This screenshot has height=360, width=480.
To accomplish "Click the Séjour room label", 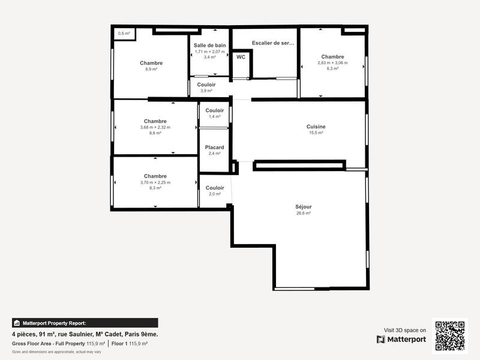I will coord(304,207).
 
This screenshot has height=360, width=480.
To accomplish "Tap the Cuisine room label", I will coord(316,127).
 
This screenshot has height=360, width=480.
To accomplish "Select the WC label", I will coord(241,57).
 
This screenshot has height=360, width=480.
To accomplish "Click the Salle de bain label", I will coord(209,45).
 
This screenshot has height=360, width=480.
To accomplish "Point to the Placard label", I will coord(214,148).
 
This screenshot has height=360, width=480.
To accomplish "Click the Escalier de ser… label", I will coord(273,43).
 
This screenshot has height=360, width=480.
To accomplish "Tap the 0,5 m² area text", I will coord(124,34).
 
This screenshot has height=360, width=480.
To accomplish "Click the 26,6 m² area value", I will coord(304,214).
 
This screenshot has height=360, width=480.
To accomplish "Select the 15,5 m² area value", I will coord(316,133).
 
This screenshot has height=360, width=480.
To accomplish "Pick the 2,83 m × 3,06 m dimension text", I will coord(332,63).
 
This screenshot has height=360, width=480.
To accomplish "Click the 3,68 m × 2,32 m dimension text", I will coord(155,127).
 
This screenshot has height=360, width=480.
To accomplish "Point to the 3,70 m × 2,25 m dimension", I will coord(155,182).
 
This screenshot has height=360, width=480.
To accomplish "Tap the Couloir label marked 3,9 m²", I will coord(206,85).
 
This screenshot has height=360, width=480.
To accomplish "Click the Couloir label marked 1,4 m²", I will coord(214,110).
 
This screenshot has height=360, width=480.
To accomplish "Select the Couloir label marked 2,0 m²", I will coord(214,188).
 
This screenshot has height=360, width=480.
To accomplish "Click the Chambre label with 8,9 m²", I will coord(151,63).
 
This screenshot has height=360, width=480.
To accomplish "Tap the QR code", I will coord(449,335).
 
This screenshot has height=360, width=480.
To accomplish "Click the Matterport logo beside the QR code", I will coord(401,339).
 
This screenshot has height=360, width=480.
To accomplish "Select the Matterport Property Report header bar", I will coord(85,323).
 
